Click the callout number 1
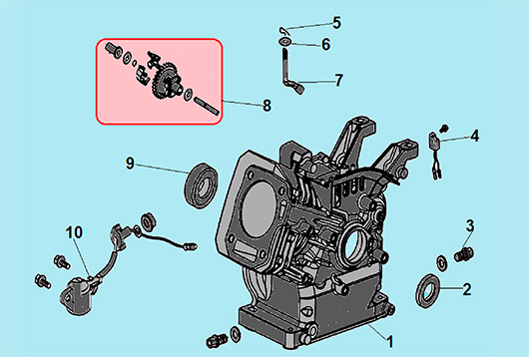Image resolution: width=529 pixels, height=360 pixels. [389, 341]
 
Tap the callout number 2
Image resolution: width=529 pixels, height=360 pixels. [466, 289]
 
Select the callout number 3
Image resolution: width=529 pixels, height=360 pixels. [470, 225]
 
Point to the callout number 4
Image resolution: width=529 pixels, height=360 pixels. [475, 136]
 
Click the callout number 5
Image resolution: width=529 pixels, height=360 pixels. [336, 23]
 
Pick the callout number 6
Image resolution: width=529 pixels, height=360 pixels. [326, 45]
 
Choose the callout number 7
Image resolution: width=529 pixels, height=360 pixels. [338, 80]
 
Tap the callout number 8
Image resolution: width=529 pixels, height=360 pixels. [266, 106]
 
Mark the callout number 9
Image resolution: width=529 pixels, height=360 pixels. [130, 164]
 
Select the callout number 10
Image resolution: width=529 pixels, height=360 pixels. [74, 232]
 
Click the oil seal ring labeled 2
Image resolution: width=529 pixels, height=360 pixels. [427, 291]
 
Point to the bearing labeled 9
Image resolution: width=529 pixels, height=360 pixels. [201, 185]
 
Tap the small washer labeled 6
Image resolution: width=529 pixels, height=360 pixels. [285, 42]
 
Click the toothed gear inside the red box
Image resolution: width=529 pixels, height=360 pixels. [160, 82]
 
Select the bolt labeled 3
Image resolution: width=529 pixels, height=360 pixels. [464, 254]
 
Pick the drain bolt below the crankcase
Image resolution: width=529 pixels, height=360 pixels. [216, 341]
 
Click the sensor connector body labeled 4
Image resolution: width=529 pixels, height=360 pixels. [433, 140]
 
